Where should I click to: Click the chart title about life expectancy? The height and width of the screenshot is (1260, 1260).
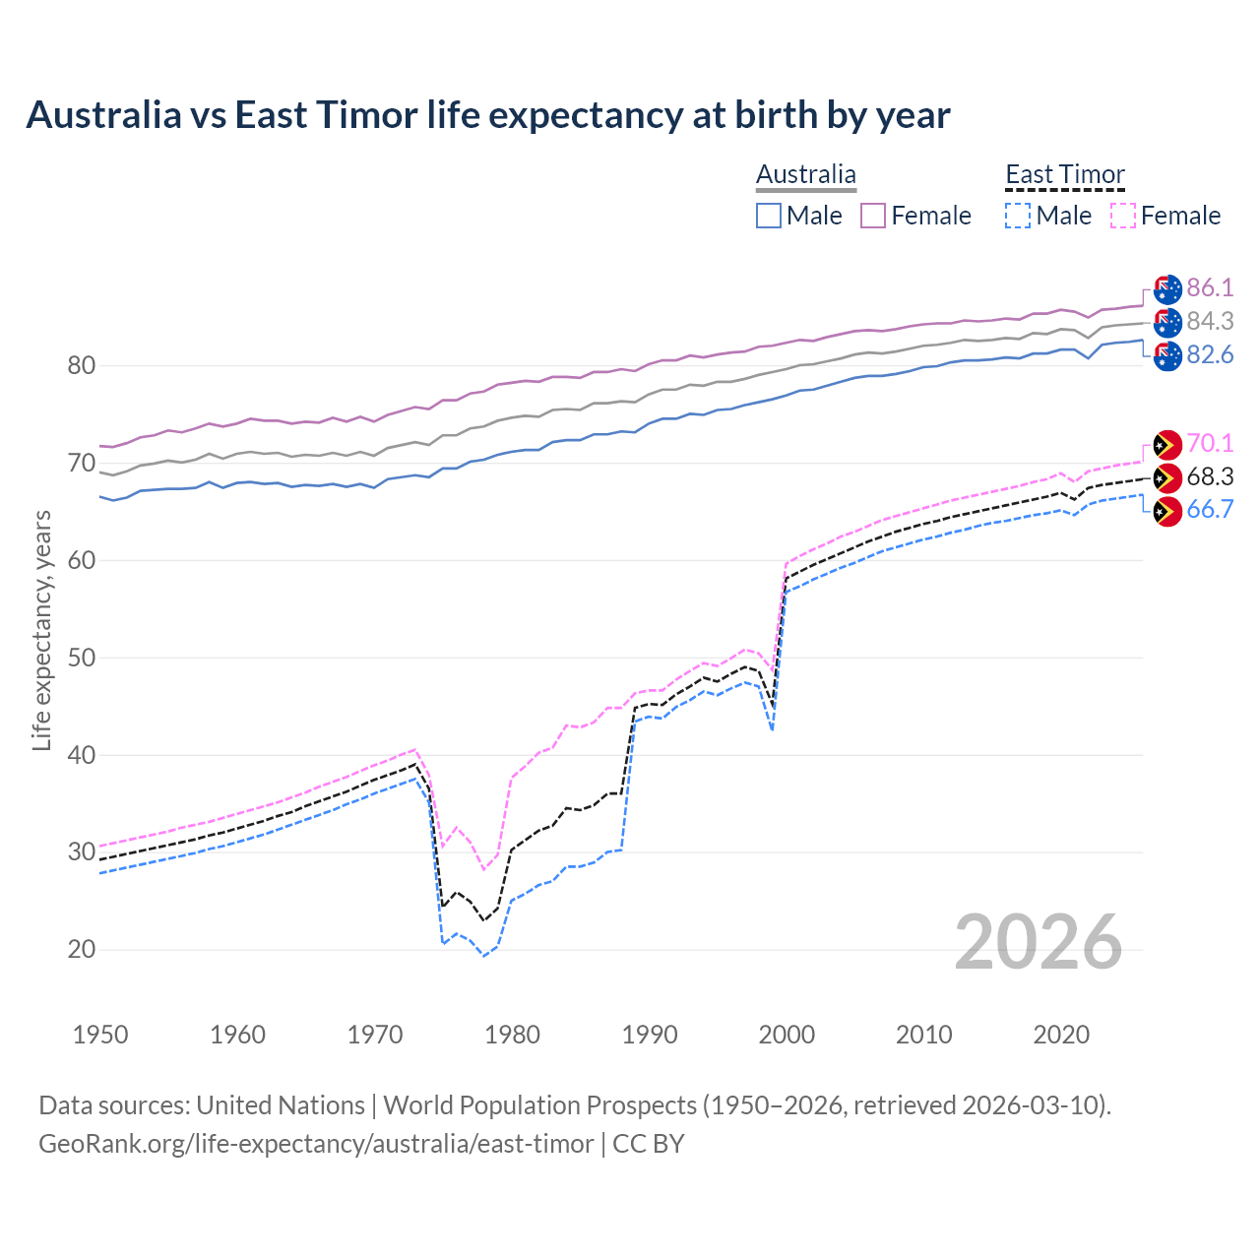coord(488,115)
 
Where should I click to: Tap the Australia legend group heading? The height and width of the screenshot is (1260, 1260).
coord(805,175)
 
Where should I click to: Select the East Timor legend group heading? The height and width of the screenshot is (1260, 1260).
coord(1064,175)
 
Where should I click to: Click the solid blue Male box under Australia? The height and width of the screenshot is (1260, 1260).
coord(769,216)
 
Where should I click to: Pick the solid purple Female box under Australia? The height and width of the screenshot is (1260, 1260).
coord(873,216)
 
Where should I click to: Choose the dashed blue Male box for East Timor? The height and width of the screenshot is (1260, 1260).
coord(1018,216)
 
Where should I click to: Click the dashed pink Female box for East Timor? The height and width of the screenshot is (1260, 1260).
coord(1122,216)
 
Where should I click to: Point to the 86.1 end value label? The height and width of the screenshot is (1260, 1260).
coord(1210,287)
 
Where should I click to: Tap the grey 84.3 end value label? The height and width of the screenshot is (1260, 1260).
coord(1210,321)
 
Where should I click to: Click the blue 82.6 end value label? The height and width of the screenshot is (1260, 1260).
coord(1210,354)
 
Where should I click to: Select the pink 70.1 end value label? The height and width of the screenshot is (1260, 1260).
coord(1210,443)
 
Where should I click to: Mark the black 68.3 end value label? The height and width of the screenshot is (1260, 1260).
coord(1210,476)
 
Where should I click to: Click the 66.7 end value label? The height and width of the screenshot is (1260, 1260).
coord(1210,509)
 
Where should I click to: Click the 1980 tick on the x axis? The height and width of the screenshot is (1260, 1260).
coord(512,1035)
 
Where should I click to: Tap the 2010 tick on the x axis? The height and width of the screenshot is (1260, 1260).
coord(923,1035)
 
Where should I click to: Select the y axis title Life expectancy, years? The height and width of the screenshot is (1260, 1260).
coord(41,630)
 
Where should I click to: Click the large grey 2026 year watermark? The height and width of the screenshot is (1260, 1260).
coord(1038,942)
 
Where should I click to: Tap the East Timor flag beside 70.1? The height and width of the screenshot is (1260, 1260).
coord(1166,444)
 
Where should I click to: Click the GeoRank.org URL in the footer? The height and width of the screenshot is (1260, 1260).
coord(316,1144)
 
